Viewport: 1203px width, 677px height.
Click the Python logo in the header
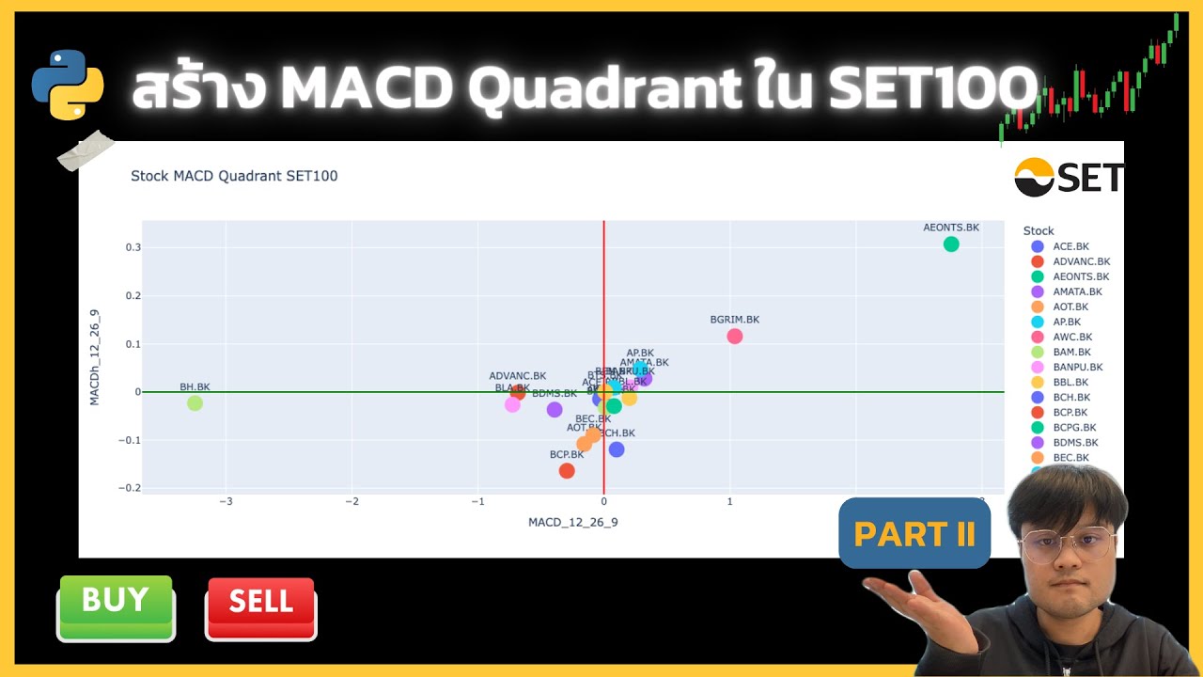pos(68,85)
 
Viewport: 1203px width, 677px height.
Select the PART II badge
pos(914,534)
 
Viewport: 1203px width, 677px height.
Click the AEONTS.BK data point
pos(951,244)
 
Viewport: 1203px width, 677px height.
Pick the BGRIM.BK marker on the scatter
pos(735,337)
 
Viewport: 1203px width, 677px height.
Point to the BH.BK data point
pos(195,403)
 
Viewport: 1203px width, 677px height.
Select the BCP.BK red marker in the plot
pos(567,470)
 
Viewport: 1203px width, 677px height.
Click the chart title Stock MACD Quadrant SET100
pos(234,176)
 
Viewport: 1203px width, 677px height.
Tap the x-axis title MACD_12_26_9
pos(572,522)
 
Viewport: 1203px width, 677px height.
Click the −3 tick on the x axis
pos(227,501)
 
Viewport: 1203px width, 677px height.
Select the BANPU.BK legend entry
pos(1077,367)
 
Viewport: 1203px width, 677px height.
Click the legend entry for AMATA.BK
pos(1077,291)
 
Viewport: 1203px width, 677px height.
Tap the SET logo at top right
pos(1069,177)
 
